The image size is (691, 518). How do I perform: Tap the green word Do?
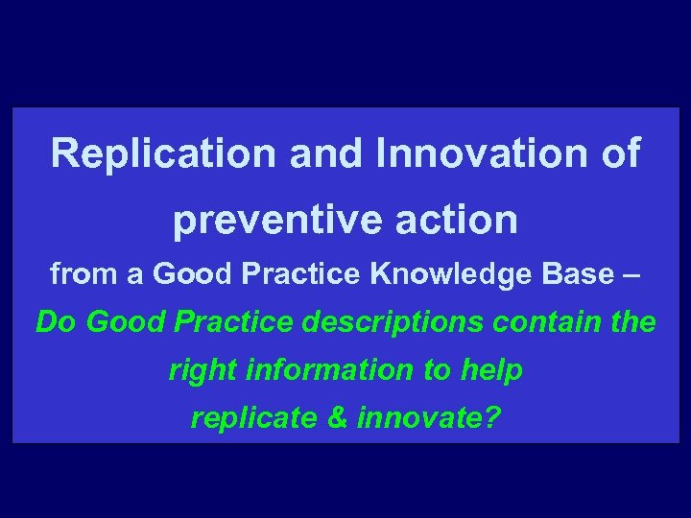[x=56, y=322]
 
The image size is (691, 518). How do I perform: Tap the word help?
[x=493, y=370]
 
